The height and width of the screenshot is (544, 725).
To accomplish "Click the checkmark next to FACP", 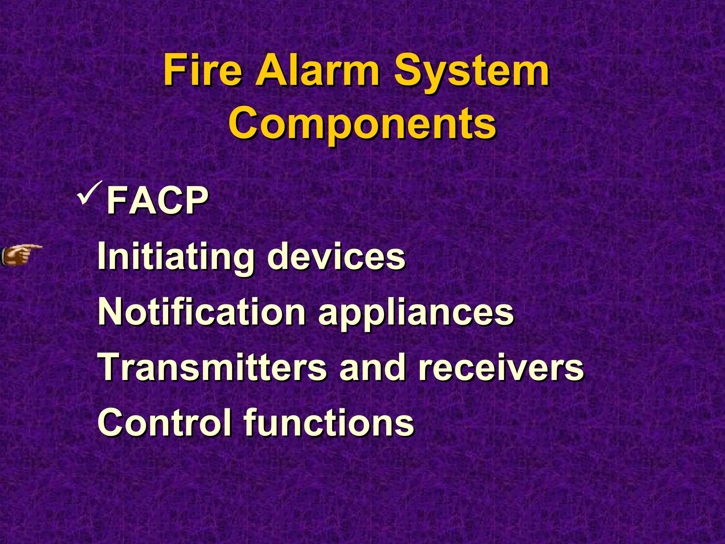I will coord(90,193).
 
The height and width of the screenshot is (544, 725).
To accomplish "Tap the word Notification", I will coord(202,311).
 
